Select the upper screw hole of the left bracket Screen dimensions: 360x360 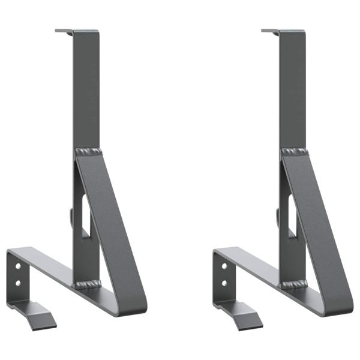pos(17,265)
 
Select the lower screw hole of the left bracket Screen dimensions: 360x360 pos(17,282)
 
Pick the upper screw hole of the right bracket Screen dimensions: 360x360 pos(224,265)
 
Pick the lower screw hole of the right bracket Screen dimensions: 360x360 pos(224,282)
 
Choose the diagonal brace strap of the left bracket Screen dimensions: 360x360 pos(111,222)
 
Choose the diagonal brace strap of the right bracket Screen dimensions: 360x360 pos(317,222)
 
